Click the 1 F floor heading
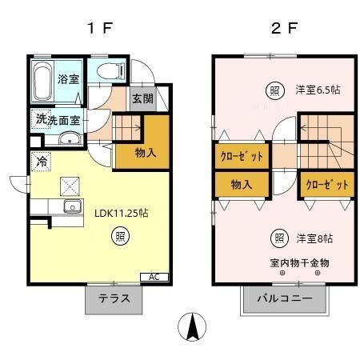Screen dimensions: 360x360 coord(100,28)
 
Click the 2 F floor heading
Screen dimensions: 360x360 coord(284,28)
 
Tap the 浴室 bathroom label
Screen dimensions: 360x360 coord(68,80)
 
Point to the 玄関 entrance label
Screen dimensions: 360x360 coord(142,99)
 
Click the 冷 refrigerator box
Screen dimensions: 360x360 coord(40,161)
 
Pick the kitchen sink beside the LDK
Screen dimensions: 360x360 coord(71,208)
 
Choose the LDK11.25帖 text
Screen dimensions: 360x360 coord(122,214)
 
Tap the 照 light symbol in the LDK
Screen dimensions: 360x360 coord(119,236)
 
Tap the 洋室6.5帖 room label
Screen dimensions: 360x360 coord(318,90)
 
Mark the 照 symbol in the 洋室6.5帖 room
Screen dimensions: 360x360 coord(273,90)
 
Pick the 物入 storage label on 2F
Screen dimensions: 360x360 coord(242,184)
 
